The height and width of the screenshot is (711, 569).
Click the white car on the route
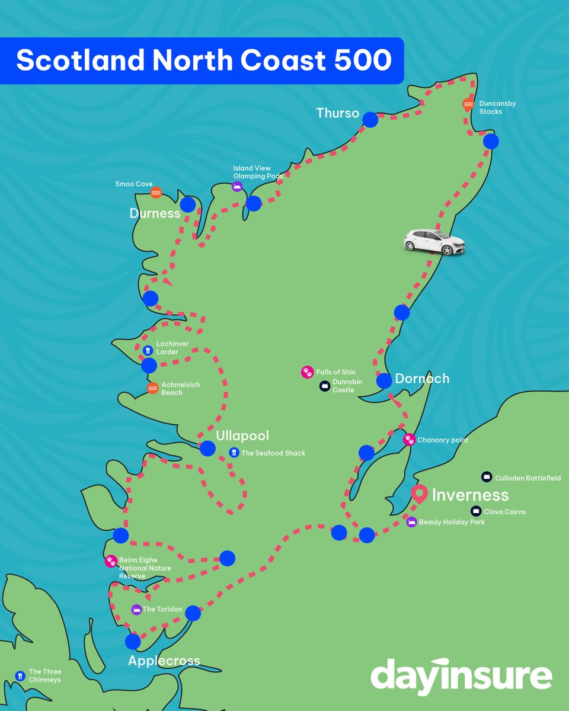click(434, 242)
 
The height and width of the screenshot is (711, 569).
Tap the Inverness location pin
click(420, 494)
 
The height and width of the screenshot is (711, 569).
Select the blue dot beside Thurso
click(370, 120)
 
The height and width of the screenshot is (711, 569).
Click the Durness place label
click(155, 213)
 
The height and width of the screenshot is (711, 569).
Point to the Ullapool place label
click(242, 435)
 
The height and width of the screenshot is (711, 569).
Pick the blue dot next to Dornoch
click(384, 380)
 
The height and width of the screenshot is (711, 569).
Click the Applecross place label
click(164, 661)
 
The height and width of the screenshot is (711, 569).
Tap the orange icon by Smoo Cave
click(156, 193)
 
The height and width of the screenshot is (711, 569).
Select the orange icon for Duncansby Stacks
click(468, 104)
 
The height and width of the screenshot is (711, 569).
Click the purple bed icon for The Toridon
click(136, 609)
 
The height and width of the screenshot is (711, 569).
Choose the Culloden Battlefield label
click(528, 478)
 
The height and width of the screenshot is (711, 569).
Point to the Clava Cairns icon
click(476, 511)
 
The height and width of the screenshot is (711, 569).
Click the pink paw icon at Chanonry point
click(409, 440)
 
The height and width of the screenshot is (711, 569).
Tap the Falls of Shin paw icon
click(306, 372)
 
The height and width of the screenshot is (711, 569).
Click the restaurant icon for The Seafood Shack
click(234, 453)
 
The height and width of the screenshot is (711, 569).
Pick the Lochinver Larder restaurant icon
click(148, 350)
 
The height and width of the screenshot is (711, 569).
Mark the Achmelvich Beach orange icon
click(152, 388)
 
